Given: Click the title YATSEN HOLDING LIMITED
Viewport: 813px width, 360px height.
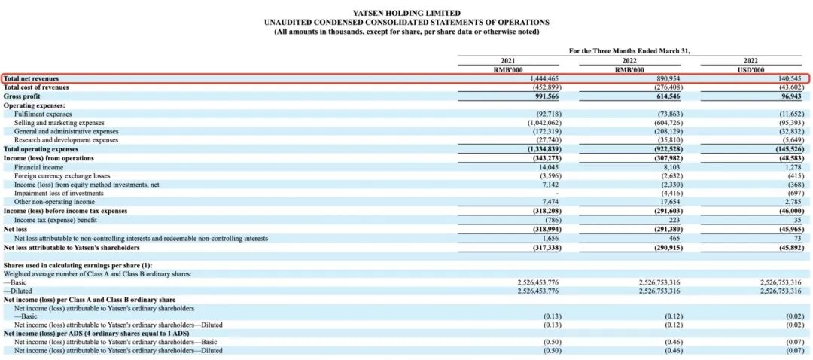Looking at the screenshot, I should click(406, 14).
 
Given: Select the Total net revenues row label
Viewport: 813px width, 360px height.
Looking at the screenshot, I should click(31, 78).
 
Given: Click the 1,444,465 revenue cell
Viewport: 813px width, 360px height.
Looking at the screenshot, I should click(540, 78).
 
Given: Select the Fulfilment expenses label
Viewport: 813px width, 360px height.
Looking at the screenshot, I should click(44, 114).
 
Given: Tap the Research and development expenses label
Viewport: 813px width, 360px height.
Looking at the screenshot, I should click(65, 140).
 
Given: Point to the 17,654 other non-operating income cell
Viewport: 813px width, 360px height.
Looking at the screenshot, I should click(668, 202).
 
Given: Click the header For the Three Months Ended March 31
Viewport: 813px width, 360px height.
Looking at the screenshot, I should click(629, 50).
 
